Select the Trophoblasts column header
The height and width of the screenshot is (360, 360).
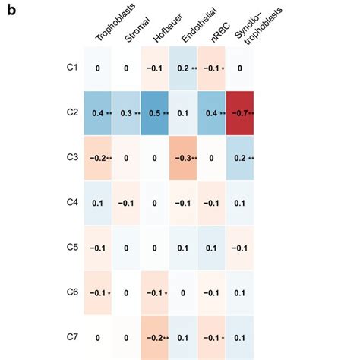click(x=111, y=28)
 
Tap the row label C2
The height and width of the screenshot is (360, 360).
click(x=72, y=112)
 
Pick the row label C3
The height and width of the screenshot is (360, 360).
click(x=72, y=157)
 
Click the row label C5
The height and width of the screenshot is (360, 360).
click(x=72, y=247)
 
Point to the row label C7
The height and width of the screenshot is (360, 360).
click(x=72, y=336)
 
